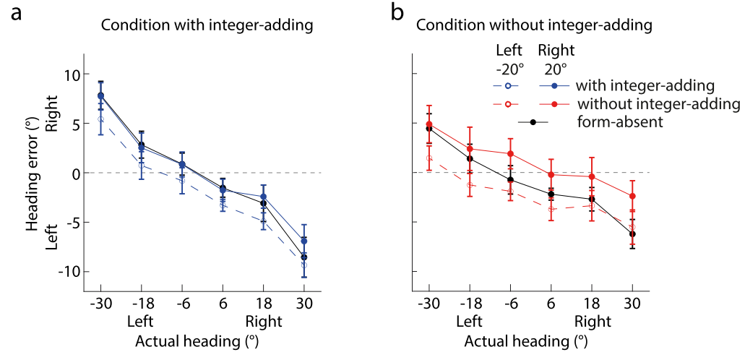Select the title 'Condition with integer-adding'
pos(207,25)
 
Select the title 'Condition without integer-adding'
pos(535,25)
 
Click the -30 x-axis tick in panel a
pos(100,304)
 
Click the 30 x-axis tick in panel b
pos(633,304)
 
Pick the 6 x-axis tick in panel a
pos(223,304)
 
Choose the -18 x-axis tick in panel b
pos(470,304)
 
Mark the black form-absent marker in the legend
pos(533,122)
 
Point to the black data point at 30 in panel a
pos(304,257)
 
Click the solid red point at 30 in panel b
pos(633,196)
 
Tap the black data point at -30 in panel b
pos(429,129)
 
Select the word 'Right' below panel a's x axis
pos(264,320)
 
